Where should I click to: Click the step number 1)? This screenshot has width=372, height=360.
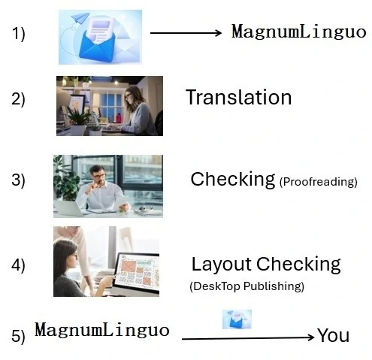coord(18,34)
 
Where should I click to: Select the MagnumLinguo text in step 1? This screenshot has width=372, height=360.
coord(298,32)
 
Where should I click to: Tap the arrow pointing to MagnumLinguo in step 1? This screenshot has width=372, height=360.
coord(186,33)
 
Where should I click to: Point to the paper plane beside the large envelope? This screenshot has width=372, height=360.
coord(80,18)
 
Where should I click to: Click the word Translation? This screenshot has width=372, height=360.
coord(239,97)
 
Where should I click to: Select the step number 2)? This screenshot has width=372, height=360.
coord(18,99)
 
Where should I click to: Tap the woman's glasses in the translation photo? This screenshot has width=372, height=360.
coord(128,95)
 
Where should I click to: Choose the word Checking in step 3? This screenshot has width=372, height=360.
coord(233,180)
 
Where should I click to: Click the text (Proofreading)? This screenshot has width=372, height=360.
coord(318,182)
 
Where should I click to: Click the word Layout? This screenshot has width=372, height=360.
coord(221,265)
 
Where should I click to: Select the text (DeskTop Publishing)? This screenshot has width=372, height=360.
coord(246,286)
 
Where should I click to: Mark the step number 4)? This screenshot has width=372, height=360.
coord(18,265)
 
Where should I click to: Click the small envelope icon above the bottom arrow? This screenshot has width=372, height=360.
coord(237,319)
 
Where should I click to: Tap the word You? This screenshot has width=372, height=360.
coord(334,335)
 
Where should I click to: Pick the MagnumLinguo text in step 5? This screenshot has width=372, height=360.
coord(102,330)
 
